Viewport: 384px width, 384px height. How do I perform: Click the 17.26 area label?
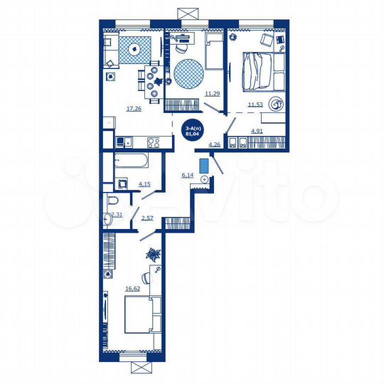tap(133, 109)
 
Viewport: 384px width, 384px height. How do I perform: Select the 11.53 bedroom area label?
tap(255, 105)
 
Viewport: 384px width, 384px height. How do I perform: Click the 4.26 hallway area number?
tap(214, 144)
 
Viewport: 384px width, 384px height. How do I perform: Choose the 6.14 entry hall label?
tap(188, 174)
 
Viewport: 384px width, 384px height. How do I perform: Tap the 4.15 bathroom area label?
tap(144, 184)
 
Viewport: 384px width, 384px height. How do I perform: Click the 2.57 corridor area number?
tap(148, 218)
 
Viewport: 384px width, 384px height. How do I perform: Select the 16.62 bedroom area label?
tap(133, 289)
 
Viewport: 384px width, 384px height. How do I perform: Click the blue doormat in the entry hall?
tap(206, 166)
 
